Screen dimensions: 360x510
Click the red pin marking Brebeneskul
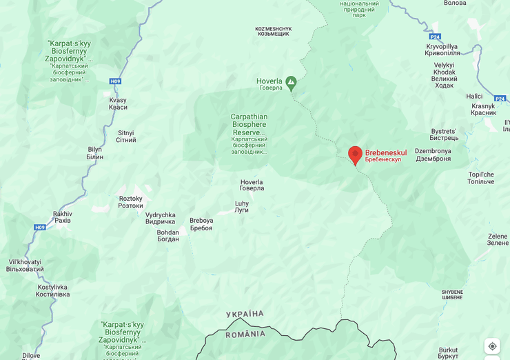[x=355, y=154]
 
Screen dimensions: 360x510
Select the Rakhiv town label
[x=62, y=217]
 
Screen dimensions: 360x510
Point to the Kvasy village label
[x=118, y=104]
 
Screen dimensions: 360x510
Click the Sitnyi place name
[x=126, y=136]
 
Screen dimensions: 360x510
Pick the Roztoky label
[x=130, y=202]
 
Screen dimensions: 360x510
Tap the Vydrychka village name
[x=160, y=218]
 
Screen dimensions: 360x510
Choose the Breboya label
[x=201, y=224]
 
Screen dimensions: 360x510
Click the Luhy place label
[x=241, y=206]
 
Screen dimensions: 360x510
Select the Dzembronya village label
[x=433, y=154]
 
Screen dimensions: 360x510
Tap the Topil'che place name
[x=481, y=178]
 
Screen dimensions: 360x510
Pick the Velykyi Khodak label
[x=445, y=74]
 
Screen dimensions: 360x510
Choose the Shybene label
[x=452, y=294]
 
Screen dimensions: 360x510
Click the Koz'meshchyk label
[x=274, y=32]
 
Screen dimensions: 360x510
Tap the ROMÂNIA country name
[x=245, y=334]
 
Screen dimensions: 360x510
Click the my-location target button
[x=492, y=346]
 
